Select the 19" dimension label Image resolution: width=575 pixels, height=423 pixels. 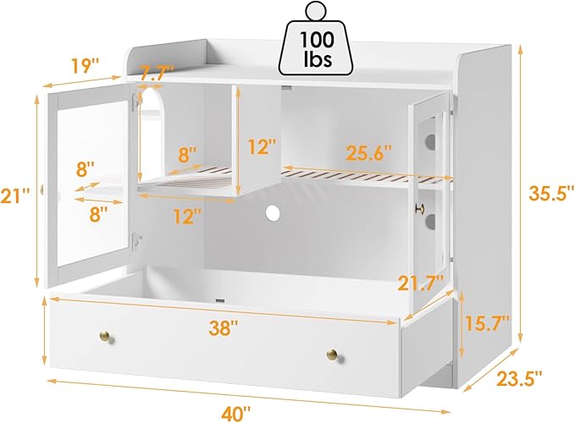point(85,65)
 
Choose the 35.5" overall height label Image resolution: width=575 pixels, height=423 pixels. point(551,193)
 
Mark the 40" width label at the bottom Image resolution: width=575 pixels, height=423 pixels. point(235,414)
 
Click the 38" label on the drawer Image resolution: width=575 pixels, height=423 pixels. point(224,327)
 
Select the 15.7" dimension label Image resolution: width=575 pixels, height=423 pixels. point(487,323)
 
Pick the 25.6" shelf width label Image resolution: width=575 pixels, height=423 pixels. point(369,152)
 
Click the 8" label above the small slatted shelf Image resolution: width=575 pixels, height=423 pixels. point(188,154)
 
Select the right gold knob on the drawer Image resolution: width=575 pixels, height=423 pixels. point(333,354)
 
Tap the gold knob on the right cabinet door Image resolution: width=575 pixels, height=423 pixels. point(419,209)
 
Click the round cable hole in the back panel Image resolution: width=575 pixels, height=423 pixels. point(273,212)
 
